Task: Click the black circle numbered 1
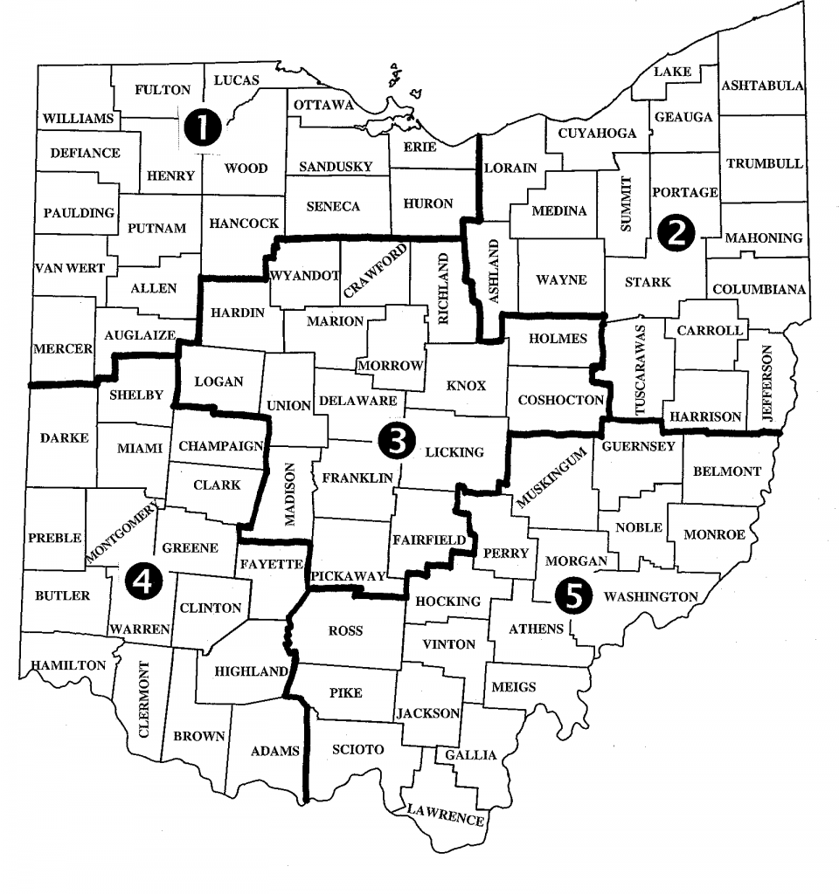coord(201,129)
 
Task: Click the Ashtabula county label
coord(762,86)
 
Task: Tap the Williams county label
coord(78,118)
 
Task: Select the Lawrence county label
coord(446,815)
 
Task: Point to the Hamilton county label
coord(69,665)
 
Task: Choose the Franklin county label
coord(357,478)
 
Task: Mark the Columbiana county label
coord(759,290)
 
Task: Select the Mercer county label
coord(62,348)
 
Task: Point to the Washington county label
coord(651,597)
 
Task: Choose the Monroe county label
coord(714,534)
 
